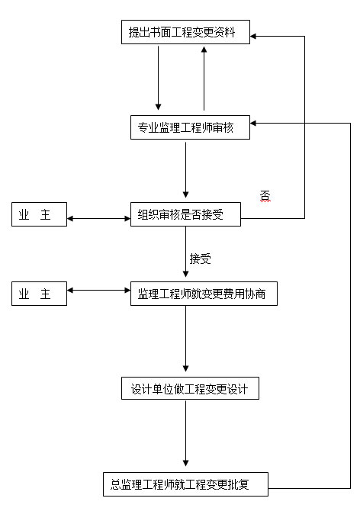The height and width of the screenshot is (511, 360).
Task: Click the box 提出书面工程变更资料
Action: [x=185, y=32]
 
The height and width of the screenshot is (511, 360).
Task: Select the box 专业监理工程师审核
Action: [x=190, y=127]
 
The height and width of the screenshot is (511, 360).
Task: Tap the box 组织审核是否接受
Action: [x=185, y=214]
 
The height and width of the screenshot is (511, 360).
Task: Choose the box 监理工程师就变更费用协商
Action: [x=204, y=294]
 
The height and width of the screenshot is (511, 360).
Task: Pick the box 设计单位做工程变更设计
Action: [x=190, y=388]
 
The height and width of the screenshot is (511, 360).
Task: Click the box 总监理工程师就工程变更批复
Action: [x=185, y=484]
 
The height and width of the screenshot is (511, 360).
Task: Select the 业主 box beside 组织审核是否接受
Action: [x=39, y=214]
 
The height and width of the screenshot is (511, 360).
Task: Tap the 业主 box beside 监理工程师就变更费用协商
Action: [x=39, y=294]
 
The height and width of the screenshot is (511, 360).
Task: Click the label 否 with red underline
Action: [x=265, y=196]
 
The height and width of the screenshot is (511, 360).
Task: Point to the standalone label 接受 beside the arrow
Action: [x=200, y=259]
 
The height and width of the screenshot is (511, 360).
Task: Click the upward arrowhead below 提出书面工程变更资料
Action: [x=204, y=49]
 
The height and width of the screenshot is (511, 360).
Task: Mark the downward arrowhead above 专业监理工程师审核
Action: [x=159, y=107]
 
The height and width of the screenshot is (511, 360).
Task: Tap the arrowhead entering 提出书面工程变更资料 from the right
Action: [x=253, y=36]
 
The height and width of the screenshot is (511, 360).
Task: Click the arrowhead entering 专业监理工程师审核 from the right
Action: [x=253, y=124]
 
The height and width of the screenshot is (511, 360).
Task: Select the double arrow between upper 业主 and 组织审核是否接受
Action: [x=98, y=218]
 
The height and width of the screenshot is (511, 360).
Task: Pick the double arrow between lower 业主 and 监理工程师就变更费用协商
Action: [x=98, y=290]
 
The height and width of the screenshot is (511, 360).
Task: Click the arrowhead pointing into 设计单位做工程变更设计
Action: [x=185, y=368]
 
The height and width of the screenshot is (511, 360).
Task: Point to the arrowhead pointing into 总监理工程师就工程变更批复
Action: [x=185, y=463]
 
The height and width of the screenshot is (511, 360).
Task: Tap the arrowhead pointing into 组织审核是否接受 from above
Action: [x=185, y=194]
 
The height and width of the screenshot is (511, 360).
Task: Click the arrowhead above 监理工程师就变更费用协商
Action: [x=185, y=274]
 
